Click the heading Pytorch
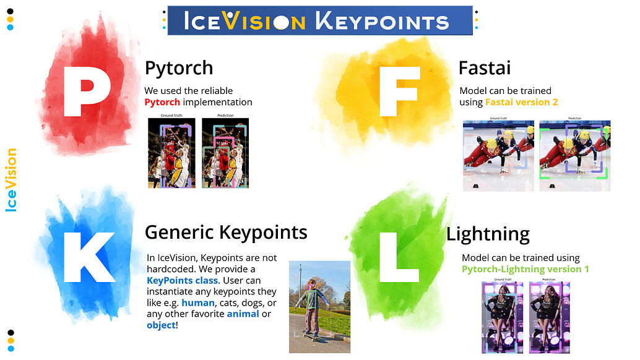tap(178, 67)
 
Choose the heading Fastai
tap(484, 67)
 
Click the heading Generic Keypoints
tap(226, 233)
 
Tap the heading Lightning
tap(488, 234)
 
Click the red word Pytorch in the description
tap(162, 102)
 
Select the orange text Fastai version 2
tap(521, 102)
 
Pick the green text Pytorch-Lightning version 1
tap(525, 269)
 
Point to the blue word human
tap(197, 302)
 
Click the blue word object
tap(161, 325)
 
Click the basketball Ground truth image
tap(171, 153)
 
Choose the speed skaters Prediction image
tap(574, 155)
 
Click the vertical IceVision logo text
tap(11, 180)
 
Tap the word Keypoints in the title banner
tap(381, 22)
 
